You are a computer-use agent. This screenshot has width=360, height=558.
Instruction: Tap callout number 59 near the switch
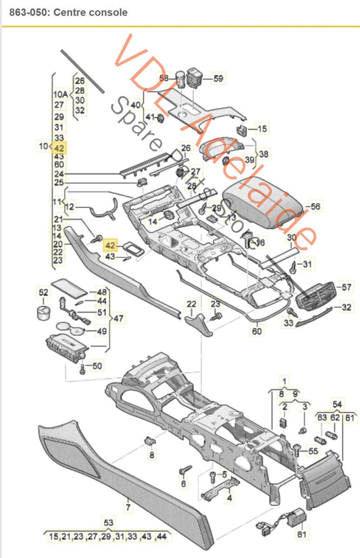(x=217, y=79)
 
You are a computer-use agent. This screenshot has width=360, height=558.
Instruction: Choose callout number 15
(x=262, y=128)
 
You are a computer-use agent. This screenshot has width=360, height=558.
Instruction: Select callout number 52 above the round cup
(x=43, y=293)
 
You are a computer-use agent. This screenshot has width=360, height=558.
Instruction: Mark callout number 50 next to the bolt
(x=97, y=365)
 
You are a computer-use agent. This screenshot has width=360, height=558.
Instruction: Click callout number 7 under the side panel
(x=127, y=505)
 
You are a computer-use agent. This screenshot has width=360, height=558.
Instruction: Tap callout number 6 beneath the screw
(x=182, y=484)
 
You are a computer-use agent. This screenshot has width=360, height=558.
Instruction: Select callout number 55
(x=313, y=450)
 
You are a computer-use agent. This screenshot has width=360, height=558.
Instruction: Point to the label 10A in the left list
(x=60, y=94)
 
